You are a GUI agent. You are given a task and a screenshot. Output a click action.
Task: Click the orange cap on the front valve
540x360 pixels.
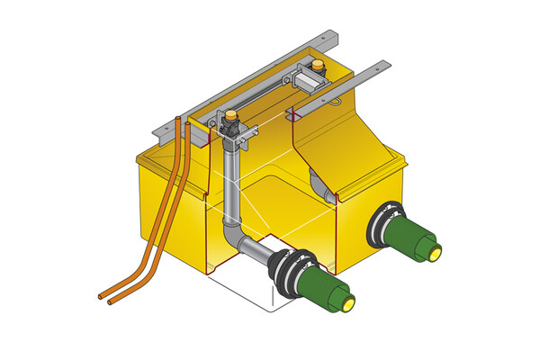(231, 114)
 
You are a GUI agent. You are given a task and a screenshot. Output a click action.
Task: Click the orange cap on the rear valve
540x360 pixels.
(319, 64)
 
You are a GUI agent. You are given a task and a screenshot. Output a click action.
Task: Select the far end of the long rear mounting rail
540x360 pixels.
(335, 35)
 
